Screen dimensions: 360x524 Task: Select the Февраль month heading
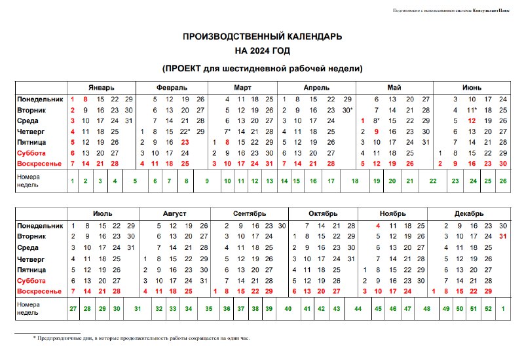(x=172, y=87)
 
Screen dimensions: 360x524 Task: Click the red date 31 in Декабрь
(x=503, y=236)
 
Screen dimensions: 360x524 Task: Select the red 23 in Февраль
(x=185, y=142)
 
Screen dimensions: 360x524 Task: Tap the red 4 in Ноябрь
(x=379, y=226)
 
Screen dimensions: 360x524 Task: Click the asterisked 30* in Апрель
(x=348, y=110)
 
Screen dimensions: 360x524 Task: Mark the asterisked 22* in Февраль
(x=185, y=132)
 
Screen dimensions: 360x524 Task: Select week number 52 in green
(x=488, y=308)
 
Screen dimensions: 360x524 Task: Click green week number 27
(x=73, y=308)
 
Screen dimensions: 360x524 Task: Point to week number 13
(x=269, y=181)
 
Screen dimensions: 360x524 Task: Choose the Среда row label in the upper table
(x=28, y=120)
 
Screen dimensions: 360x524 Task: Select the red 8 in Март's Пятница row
(x=227, y=142)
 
